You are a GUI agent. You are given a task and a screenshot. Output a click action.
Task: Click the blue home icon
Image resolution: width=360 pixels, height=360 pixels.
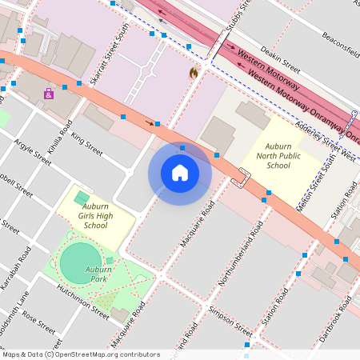pos(180,173)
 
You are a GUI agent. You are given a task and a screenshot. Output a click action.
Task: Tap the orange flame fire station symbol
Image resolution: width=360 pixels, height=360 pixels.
pos(192,73)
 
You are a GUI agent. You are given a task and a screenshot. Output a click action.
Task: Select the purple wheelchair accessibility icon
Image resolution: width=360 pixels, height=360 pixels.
pos(49,94)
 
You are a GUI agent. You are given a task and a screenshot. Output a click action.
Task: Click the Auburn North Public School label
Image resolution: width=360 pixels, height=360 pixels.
pos(278,155)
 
